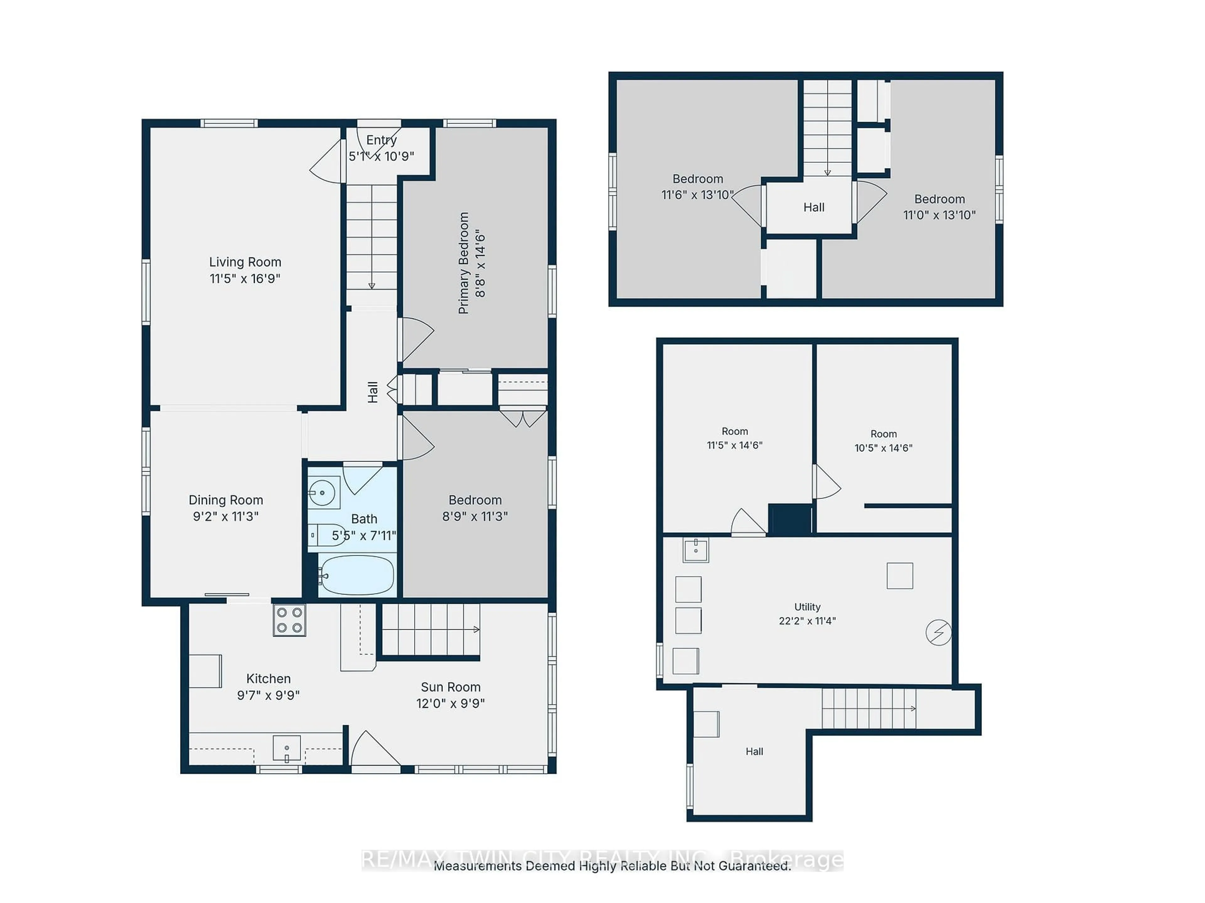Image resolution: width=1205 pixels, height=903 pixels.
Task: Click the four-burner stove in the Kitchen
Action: pyautogui.click(x=289, y=620)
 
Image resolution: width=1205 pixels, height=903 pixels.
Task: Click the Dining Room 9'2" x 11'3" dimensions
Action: pyautogui.click(x=226, y=516)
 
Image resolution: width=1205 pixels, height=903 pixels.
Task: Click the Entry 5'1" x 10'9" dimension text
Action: pyautogui.click(x=381, y=156)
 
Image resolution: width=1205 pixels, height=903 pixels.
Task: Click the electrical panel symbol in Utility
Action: pyautogui.click(x=938, y=632)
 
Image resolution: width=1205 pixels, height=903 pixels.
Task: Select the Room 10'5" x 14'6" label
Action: pyautogui.click(x=883, y=441)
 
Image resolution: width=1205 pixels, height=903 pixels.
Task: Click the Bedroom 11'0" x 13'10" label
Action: pyautogui.click(x=939, y=207)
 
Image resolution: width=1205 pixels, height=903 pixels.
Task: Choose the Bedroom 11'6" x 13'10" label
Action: pyautogui.click(x=697, y=187)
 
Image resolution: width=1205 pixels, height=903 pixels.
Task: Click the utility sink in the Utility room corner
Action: pyautogui.click(x=696, y=550)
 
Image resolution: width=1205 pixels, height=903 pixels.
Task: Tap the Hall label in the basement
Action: pyautogui.click(x=754, y=751)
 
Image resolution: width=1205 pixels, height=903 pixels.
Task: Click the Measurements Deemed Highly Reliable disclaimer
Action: pyautogui.click(x=612, y=865)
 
